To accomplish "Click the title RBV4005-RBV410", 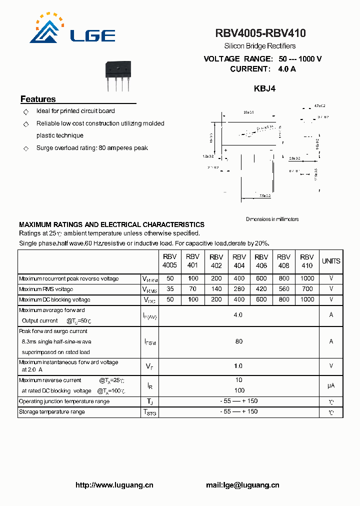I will [x=260, y=33].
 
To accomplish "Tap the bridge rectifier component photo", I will [x=117, y=75].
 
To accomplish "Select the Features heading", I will [x=38, y=99].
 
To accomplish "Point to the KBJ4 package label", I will [x=264, y=88].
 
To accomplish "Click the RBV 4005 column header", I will [x=169, y=261].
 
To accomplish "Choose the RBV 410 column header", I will [x=307, y=261].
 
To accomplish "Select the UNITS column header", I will [x=331, y=261].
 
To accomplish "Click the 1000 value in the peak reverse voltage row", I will [x=307, y=278].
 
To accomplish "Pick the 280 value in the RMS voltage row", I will [x=239, y=289].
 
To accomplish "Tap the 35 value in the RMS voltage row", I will [x=170, y=289].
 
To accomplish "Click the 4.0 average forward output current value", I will [x=238, y=315].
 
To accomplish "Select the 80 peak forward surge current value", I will [x=238, y=341].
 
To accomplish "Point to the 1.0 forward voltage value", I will [x=238, y=366].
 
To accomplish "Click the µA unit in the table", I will [x=331, y=385].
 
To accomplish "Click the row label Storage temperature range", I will [x=52, y=412].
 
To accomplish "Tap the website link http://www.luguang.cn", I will [x=114, y=485].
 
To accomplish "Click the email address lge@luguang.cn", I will [x=242, y=485].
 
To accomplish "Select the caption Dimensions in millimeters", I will [x=272, y=219].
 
